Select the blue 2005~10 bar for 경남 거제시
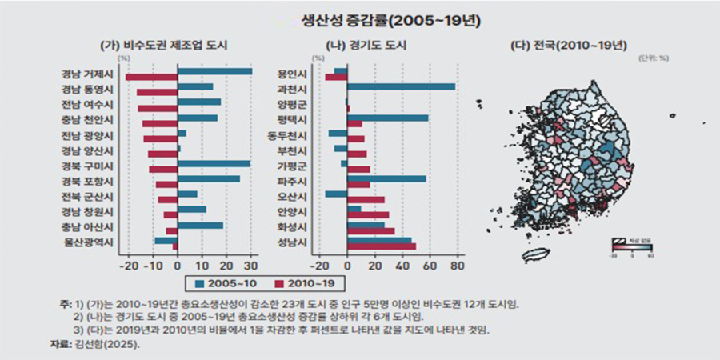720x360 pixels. coord(214,72)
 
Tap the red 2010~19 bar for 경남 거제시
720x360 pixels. coord(151,78)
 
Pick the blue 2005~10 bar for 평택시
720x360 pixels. coord(387,118)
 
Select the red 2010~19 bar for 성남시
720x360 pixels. coord(381,246)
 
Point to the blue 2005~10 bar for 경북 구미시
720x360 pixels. coord(214,163)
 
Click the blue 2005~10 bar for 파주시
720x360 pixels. coord(386,178)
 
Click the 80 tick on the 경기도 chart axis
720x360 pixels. coord(457,265)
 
